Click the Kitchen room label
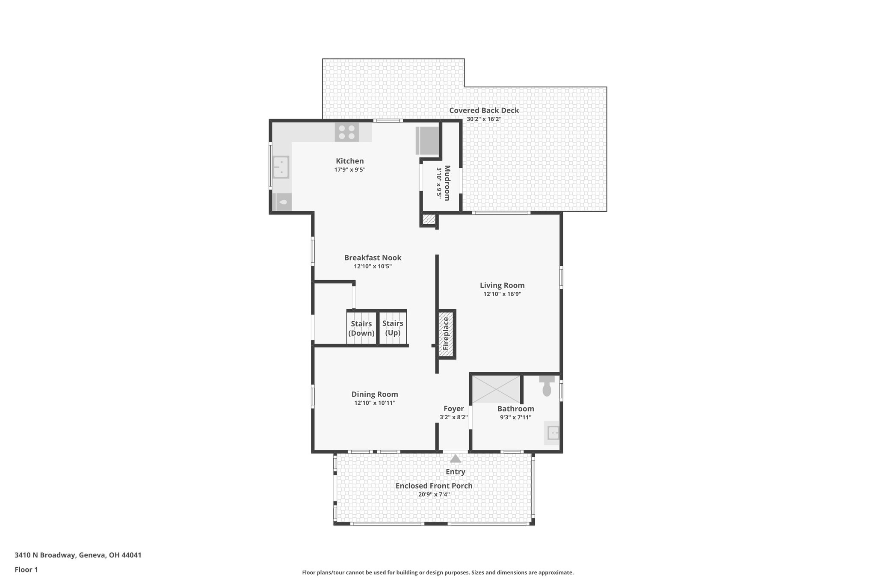coord(349,161)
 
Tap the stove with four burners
coord(347,132)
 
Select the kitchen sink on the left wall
coord(281,167)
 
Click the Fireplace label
coord(446,333)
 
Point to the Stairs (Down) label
coord(361,329)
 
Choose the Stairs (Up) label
coord(393,328)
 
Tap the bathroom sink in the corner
coord(552,433)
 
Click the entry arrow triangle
coord(456,459)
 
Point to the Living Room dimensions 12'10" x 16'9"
coord(502,294)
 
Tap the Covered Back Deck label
coord(484,110)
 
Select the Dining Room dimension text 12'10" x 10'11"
coord(375,403)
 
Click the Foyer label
coord(453,409)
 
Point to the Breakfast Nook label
coord(373,258)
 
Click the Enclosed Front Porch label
coord(434,486)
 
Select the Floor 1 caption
coord(26,569)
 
